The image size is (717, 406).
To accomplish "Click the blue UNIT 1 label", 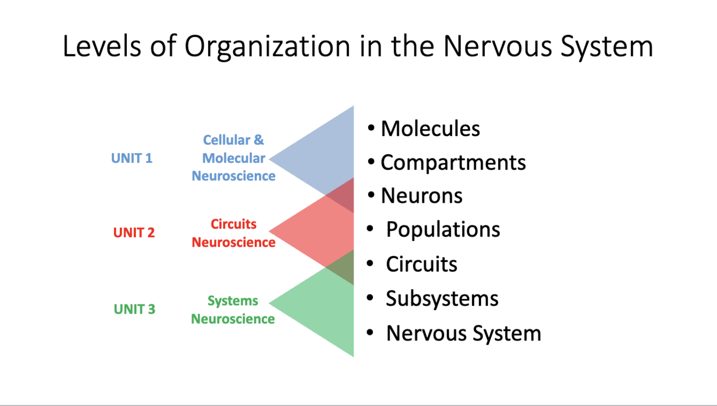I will coord(132,158).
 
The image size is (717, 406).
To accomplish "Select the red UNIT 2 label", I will coord(134,233).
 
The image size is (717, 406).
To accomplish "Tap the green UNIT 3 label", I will coord(134,309).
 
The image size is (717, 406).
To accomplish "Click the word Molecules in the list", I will coord(430,129).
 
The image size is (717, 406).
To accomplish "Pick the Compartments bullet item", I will coord(453,162).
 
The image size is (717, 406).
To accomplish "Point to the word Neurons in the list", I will coord(421,196).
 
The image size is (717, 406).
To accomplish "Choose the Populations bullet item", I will coord(443,230).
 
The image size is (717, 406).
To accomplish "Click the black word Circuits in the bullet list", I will coord(421,264).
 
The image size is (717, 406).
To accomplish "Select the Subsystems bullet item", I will coord(442,298).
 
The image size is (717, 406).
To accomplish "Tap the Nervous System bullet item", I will coord(463,333).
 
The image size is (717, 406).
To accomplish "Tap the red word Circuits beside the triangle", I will coord(233,224).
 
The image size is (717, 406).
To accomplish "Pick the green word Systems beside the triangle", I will coord(233,301).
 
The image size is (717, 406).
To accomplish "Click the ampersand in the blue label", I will coord(259,140).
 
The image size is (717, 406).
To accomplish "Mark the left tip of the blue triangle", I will coord(270,159).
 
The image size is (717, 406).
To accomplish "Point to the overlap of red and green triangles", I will coord(342,267).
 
